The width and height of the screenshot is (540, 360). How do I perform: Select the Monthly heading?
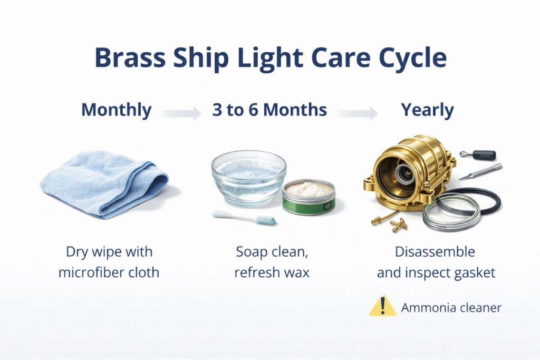tap(117, 111)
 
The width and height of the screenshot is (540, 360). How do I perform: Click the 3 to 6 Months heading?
tap(269, 111)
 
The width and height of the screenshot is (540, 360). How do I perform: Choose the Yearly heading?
tap(427, 111)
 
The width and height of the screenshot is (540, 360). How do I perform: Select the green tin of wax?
tap(308, 197)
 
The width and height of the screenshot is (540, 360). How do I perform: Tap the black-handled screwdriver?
tap(477, 154)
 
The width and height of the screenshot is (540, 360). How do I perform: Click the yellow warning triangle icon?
tap(382, 306)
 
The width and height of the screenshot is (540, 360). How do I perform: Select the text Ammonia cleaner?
tap(451, 307)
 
